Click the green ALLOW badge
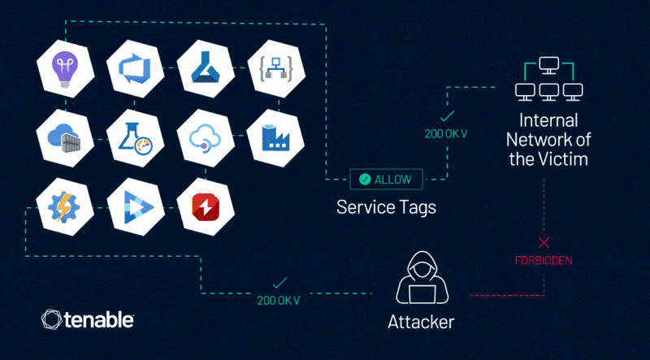point(386,179)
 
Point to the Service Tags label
point(386,207)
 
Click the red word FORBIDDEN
point(544,261)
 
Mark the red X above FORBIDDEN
point(544,242)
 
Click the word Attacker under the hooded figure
point(420,322)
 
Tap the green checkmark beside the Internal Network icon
point(446,116)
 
